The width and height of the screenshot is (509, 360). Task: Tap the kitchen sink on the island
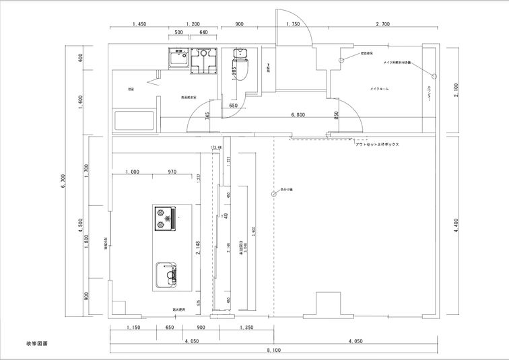(x=167, y=275)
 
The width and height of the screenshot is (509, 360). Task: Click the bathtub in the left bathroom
(x=135, y=121)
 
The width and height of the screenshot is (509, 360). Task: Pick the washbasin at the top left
(x=179, y=61)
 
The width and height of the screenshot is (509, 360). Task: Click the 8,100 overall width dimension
(x=273, y=351)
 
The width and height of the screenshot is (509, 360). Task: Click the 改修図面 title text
(x=37, y=343)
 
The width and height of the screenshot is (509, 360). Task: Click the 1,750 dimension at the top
(x=293, y=24)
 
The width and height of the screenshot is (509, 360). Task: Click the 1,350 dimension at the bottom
(x=246, y=328)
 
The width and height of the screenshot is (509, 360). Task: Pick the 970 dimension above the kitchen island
(x=172, y=172)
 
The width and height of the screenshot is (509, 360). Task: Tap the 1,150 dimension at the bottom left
(x=133, y=328)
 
